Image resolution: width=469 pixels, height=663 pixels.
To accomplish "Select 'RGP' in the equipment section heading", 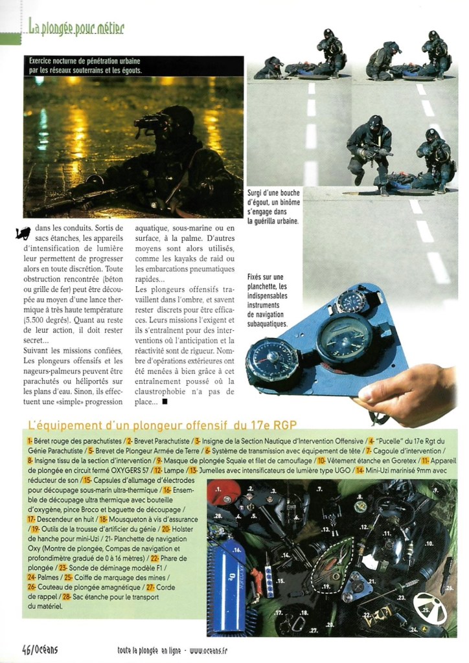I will click(284, 425).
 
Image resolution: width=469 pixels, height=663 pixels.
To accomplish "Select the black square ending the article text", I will click(165, 402).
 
